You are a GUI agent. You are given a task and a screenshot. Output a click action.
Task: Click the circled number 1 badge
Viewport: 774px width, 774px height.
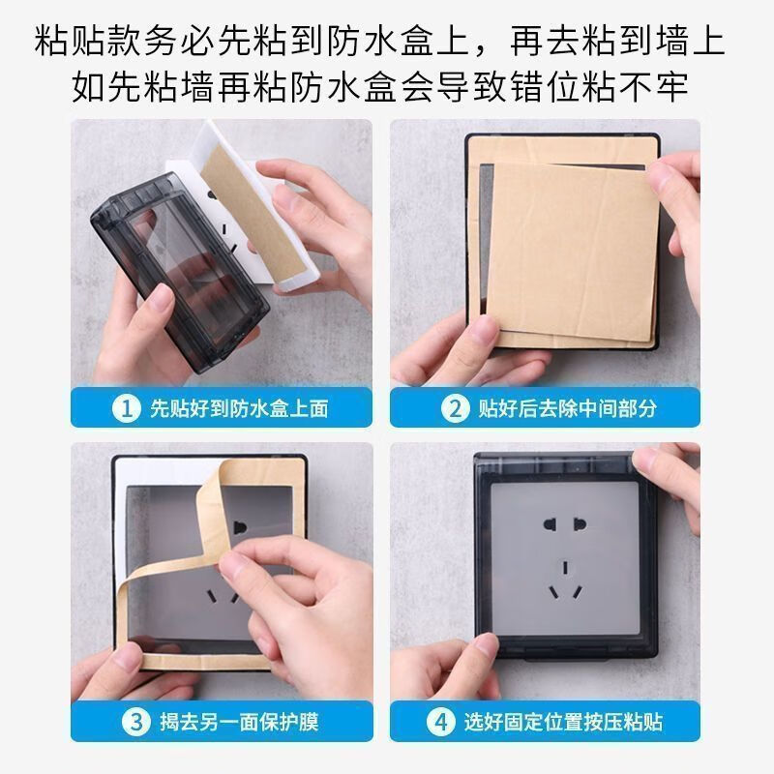pyautogui.click(x=124, y=408)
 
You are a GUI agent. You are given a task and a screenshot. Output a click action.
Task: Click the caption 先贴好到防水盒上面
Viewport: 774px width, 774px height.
pyautogui.click(x=238, y=408)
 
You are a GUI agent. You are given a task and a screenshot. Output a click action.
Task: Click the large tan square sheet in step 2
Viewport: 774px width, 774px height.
pyautogui.click(x=571, y=256)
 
